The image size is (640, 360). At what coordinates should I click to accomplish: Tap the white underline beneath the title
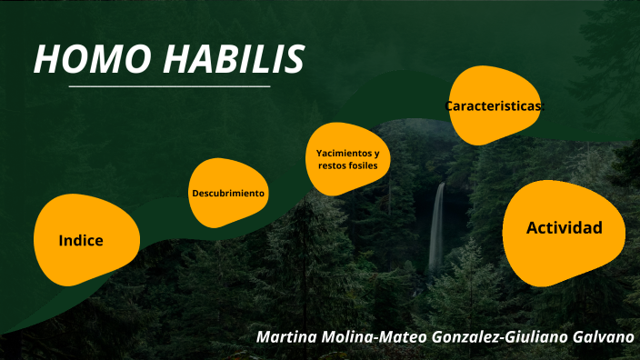[x=169, y=86]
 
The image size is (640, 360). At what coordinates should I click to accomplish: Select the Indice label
[x=81, y=241]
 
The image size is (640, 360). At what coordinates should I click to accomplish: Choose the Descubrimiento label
[x=228, y=194]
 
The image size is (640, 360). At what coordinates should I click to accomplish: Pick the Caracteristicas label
[x=494, y=106]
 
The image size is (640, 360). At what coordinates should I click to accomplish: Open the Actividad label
[x=564, y=227]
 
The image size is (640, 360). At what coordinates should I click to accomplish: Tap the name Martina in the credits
[x=288, y=336]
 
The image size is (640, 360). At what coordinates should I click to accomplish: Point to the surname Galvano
[x=604, y=336]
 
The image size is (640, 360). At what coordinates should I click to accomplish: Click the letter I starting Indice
[x=60, y=241]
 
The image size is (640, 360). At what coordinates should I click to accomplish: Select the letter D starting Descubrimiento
[x=195, y=194]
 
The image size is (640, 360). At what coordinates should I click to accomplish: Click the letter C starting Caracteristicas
[x=449, y=106]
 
